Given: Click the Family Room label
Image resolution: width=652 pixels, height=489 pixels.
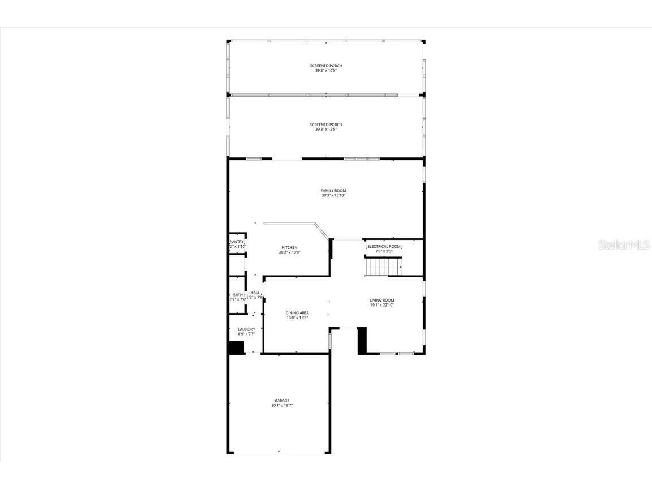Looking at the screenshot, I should click(x=333, y=191).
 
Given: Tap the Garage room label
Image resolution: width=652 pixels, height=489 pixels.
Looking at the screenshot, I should click(x=282, y=401).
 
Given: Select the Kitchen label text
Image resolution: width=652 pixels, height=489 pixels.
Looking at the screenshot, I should click(x=290, y=248).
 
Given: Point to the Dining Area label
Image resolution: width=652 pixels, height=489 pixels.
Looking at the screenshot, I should click(x=297, y=313).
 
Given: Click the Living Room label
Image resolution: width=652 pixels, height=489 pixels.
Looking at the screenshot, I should click(x=382, y=301).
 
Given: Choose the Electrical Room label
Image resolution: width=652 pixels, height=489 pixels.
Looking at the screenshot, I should click(x=384, y=247).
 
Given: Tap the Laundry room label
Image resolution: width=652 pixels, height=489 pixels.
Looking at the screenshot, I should click(x=246, y=329).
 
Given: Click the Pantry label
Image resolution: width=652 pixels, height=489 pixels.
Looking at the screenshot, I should click(x=237, y=242).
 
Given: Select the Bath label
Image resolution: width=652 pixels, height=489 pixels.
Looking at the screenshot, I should click(x=238, y=295).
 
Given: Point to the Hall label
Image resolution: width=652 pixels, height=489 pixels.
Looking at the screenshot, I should click(x=255, y=293).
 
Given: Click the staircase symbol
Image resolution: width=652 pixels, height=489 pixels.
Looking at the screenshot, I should click(x=383, y=266).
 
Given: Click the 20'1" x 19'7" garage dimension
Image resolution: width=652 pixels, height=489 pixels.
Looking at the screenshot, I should click(x=282, y=406).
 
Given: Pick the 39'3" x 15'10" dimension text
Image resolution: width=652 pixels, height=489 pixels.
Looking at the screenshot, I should click(x=333, y=196).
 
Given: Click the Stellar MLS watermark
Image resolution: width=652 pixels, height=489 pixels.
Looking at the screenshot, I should click(x=621, y=245).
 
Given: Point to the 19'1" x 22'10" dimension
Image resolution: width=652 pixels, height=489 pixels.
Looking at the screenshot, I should click(x=382, y=305).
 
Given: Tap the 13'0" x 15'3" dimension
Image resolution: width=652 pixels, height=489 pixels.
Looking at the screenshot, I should click(x=297, y=318).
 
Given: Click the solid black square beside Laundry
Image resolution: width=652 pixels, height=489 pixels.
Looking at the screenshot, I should click(x=235, y=348).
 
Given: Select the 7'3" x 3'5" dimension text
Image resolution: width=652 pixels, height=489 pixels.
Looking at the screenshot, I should click(x=384, y=251).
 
